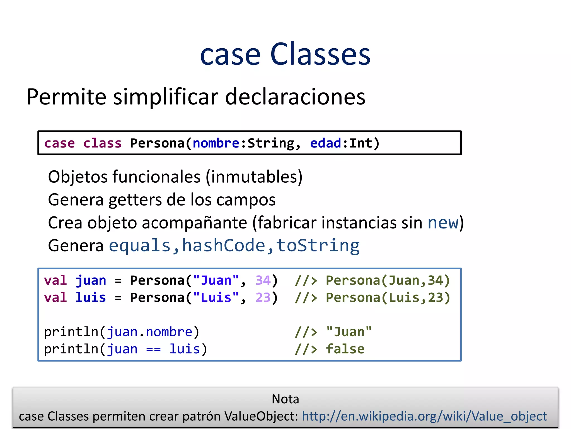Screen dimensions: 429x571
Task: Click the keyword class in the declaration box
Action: [x=102, y=143]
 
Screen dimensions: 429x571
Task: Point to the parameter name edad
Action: [x=325, y=143]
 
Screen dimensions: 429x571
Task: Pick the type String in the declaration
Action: [x=271, y=143]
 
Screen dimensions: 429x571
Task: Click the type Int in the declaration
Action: [x=361, y=143]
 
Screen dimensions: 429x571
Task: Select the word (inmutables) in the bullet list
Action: [x=254, y=177]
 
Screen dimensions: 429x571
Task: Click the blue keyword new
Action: [x=443, y=223]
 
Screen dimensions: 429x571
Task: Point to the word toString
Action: [x=318, y=246]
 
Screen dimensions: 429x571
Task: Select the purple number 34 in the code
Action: [x=263, y=280]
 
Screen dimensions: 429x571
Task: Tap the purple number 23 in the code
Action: [x=263, y=298]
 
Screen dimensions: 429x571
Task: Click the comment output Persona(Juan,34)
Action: [x=388, y=280]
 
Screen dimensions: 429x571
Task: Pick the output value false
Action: [x=345, y=349]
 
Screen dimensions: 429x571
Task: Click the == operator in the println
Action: [x=153, y=349]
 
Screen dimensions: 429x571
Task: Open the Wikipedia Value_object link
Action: [x=424, y=416]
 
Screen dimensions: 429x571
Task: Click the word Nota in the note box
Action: [x=285, y=399]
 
